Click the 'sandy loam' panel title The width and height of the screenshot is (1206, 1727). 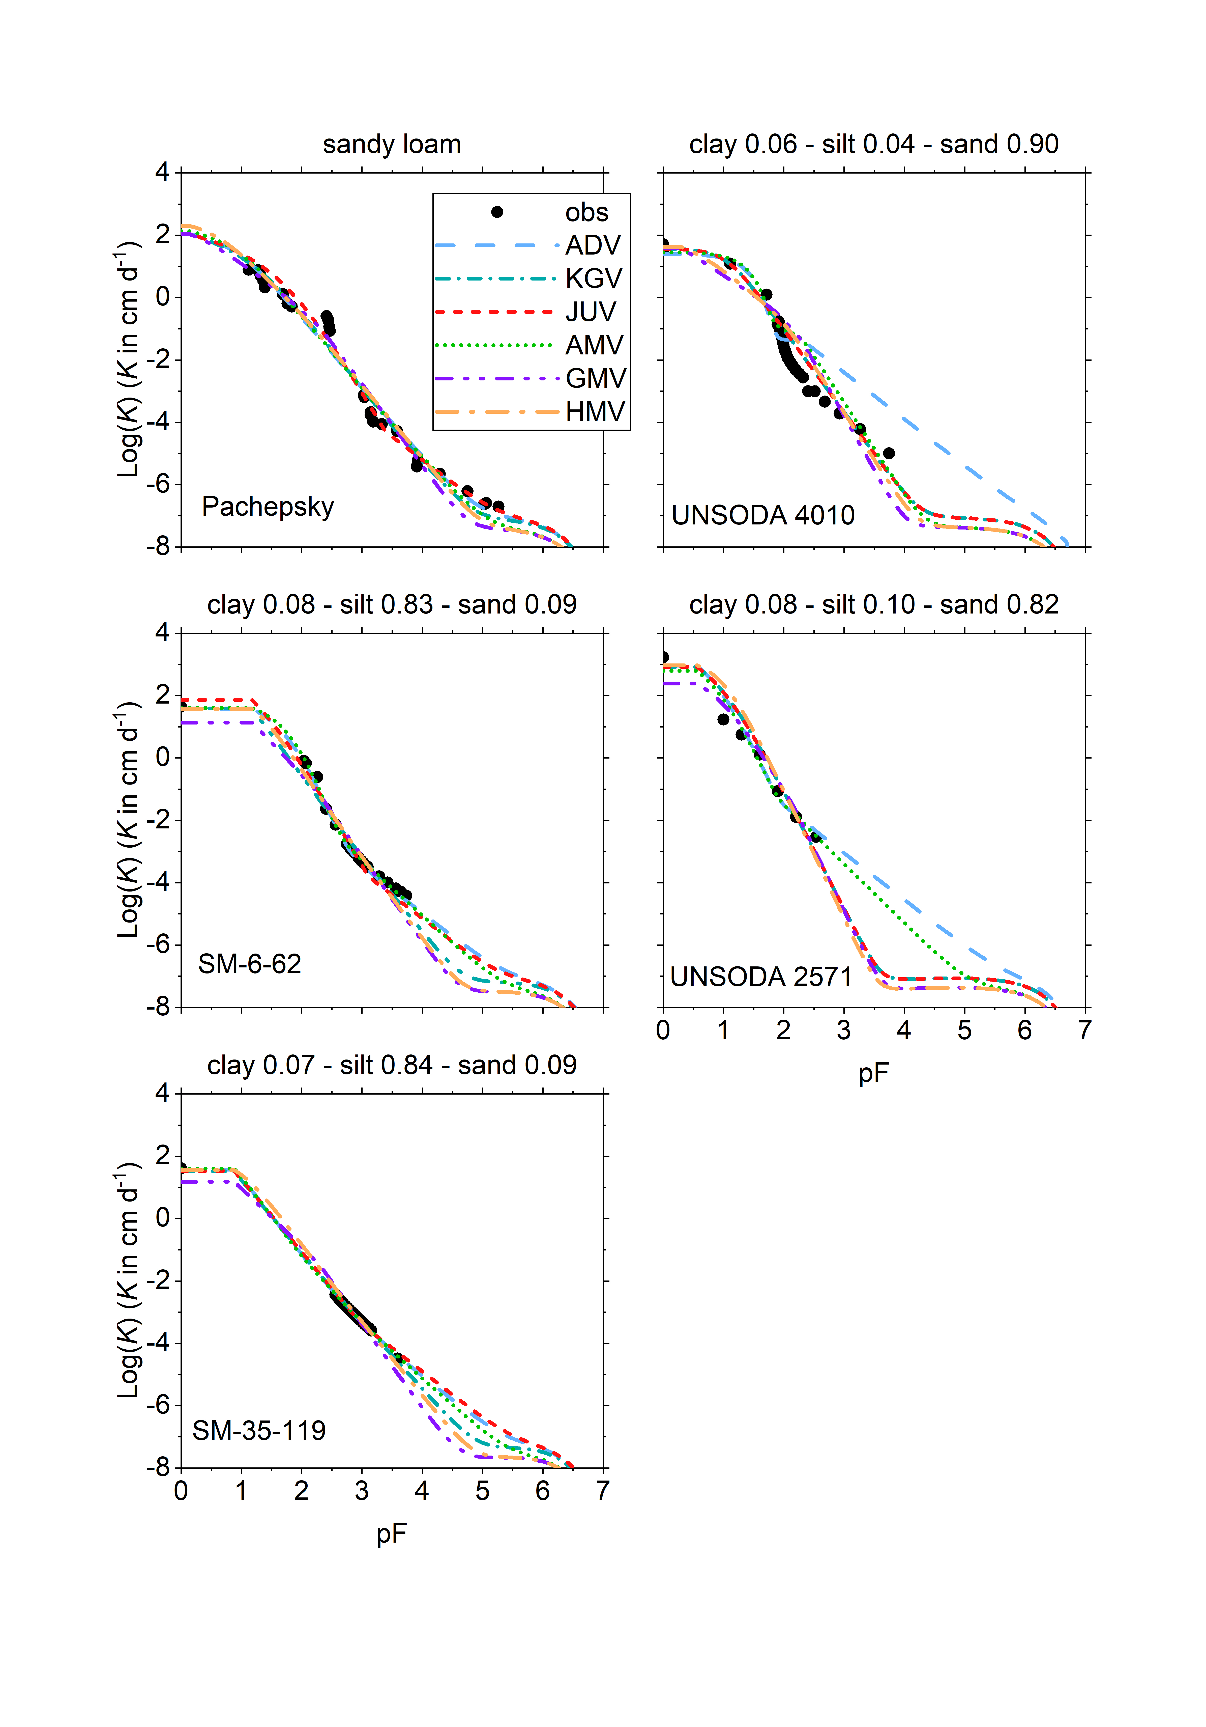tap(392, 144)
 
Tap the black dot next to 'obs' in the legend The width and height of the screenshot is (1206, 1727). tap(497, 212)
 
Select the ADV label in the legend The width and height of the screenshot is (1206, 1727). tap(593, 245)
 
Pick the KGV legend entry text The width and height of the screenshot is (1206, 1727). tap(593, 278)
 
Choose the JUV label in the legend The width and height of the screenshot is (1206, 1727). tap(591, 311)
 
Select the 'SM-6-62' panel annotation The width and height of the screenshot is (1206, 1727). tap(250, 964)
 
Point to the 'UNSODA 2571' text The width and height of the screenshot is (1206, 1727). tap(761, 976)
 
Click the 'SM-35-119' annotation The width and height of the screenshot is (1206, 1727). tap(259, 1430)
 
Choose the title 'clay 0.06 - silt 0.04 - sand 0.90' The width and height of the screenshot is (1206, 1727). tap(874, 144)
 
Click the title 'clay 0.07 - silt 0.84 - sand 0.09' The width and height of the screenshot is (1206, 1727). tap(392, 1065)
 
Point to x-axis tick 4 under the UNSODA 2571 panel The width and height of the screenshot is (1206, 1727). tap(904, 1030)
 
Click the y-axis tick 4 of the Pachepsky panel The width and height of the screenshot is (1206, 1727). tap(162, 172)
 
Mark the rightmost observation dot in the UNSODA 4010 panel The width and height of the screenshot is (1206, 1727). tap(889, 453)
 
